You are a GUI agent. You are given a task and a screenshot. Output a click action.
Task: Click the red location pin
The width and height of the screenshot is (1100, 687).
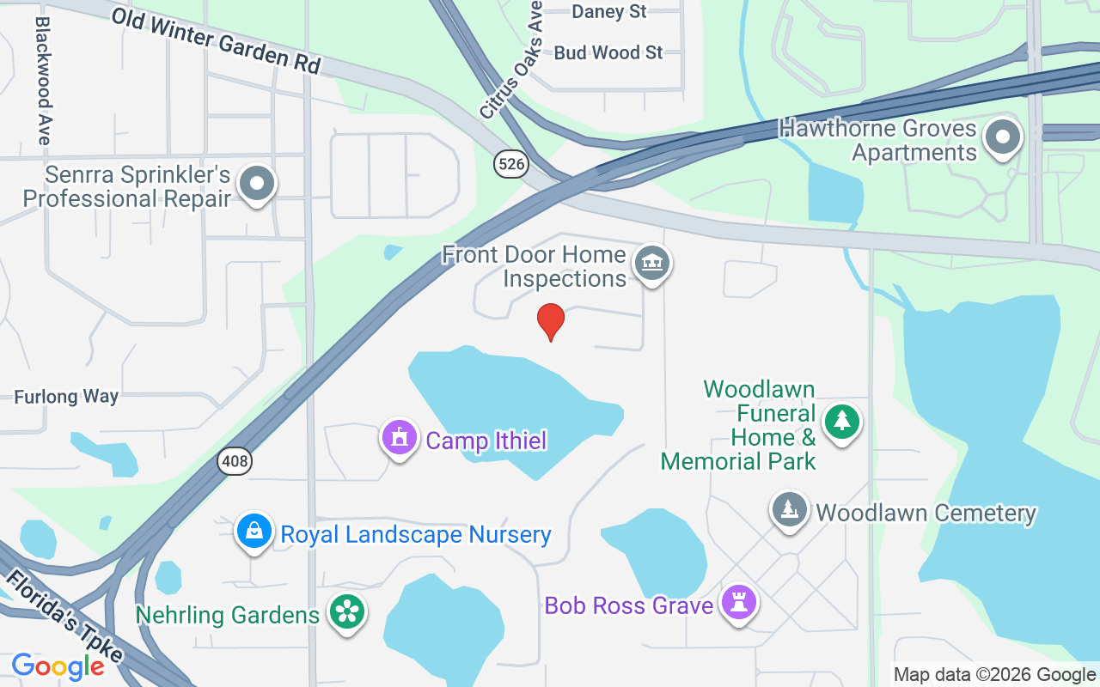(551, 321)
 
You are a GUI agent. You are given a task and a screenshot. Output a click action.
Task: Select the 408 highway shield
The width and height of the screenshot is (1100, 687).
(234, 461)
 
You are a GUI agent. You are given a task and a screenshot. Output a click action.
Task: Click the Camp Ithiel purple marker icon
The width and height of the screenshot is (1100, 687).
(399, 438)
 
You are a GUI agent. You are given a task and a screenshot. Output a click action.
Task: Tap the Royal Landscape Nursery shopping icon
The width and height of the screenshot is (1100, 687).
(254, 532)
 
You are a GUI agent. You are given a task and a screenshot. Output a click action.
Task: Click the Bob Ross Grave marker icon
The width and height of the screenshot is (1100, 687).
(738, 603)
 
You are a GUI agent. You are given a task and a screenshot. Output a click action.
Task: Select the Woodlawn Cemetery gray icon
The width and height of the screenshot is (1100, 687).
(789, 510)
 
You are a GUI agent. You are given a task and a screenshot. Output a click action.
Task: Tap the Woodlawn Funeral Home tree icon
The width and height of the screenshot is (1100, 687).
(842, 421)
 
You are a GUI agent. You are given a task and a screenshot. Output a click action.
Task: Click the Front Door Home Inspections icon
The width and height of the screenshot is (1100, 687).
(652, 264)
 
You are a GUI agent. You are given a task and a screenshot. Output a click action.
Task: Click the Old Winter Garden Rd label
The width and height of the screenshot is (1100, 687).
(215, 41)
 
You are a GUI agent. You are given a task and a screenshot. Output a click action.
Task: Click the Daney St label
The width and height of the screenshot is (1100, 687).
(608, 11)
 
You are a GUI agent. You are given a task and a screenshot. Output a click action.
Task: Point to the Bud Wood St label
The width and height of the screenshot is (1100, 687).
(608, 52)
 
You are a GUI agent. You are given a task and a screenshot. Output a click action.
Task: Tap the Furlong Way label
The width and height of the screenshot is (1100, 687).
(66, 397)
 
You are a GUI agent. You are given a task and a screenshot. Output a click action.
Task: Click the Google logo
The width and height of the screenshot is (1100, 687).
(58, 666)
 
